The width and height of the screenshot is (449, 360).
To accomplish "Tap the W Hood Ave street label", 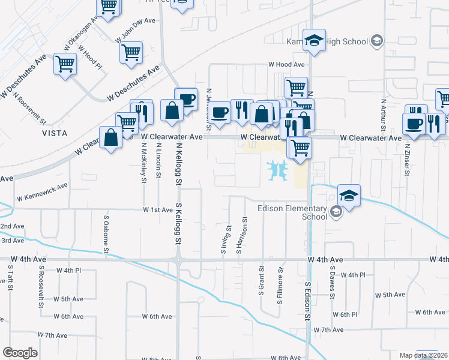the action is tap(286, 65).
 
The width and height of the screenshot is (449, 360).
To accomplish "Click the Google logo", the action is tap(20, 353).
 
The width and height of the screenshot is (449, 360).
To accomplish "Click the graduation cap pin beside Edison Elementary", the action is tap(349, 195).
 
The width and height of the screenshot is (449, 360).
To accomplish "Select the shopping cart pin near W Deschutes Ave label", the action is tap(65, 64).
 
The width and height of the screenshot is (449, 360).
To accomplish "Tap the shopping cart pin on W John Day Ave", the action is tap(130, 52).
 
